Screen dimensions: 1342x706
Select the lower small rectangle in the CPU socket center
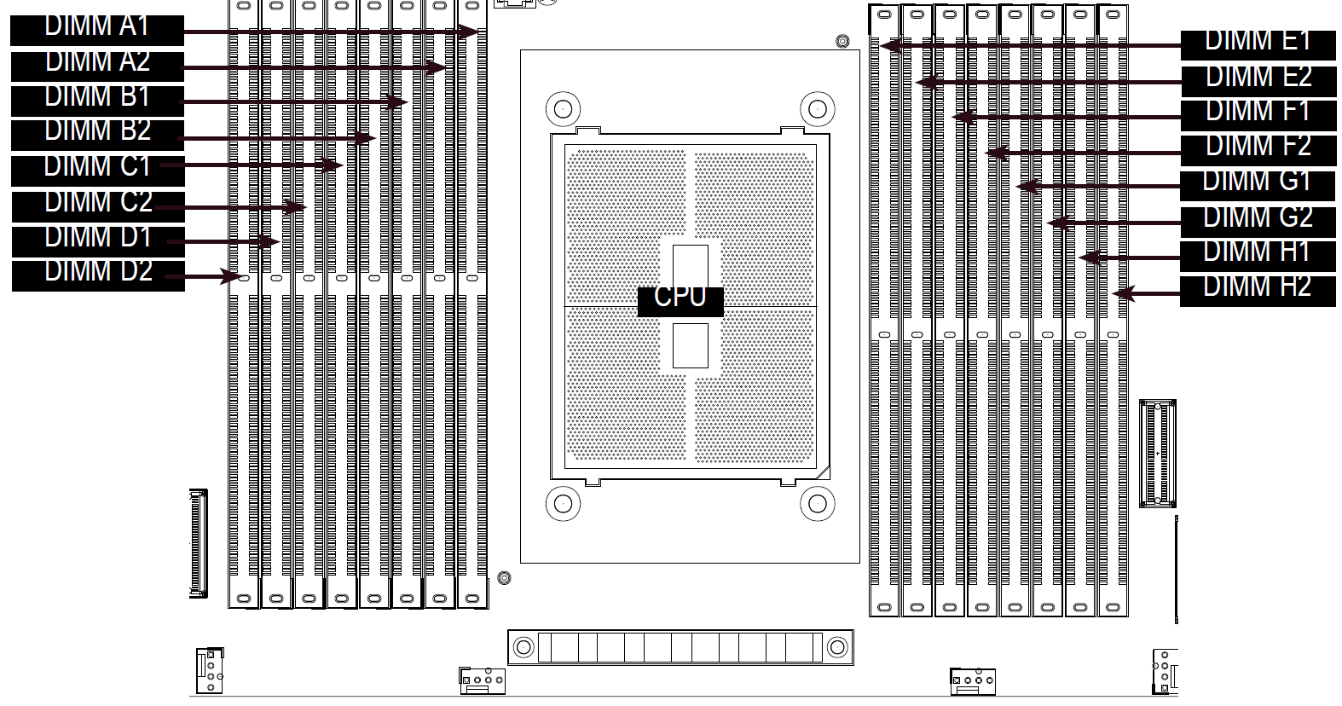690,346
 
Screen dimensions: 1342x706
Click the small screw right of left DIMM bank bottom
505,578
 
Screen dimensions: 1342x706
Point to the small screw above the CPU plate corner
842,41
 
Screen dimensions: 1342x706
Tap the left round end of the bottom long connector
523,647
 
